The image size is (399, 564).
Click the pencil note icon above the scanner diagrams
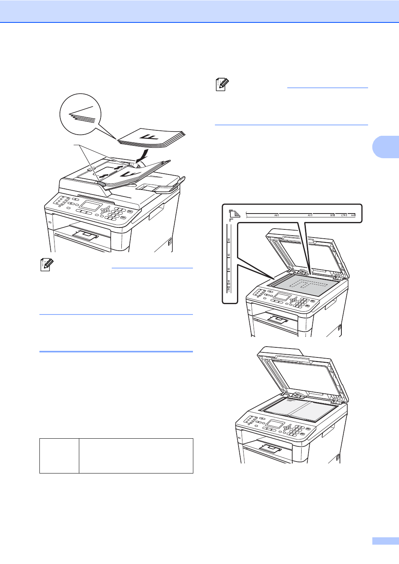click(222, 84)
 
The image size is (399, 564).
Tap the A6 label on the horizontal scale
click(276, 215)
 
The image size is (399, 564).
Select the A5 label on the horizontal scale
click(309, 215)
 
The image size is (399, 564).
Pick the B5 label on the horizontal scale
click(332, 215)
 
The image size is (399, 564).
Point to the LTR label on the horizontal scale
click(343, 215)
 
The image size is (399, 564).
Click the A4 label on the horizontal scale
click(353, 215)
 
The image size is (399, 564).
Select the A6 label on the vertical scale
click(229, 240)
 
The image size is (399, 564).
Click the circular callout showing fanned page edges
click(80, 114)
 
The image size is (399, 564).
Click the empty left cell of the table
click(59, 456)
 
